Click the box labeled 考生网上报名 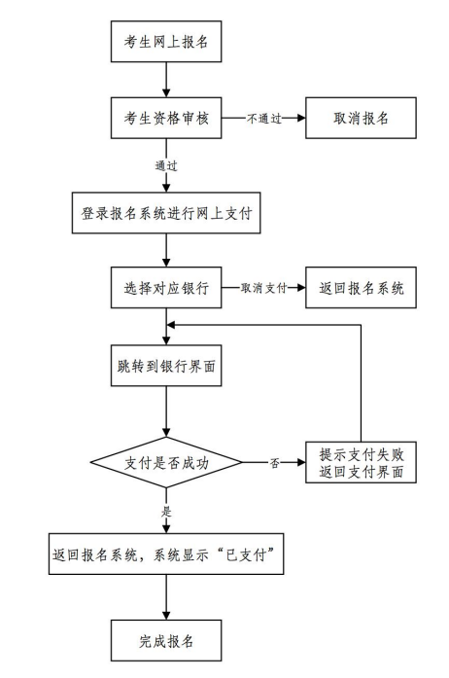[x=166, y=42]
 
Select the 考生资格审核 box [x=166, y=118]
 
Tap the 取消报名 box [x=361, y=118]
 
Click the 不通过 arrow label [x=264, y=118]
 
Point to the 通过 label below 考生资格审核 [x=166, y=165]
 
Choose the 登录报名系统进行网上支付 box [x=166, y=213]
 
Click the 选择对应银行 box [x=166, y=288]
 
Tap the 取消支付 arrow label [x=264, y=288]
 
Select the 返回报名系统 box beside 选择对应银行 [x=361, y=288]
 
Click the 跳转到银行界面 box [x=166, y=366]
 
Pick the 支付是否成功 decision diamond [x=166, y=463]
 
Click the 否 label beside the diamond [x=275, y=463]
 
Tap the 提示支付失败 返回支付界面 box [x=361, y=462]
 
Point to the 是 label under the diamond [x=166, y=512]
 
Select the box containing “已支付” [x=166, y=553]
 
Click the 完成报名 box [x=166, y=640]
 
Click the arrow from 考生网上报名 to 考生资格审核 [x=166, y=80]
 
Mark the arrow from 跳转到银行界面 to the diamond [x=166, y=411]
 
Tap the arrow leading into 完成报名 [x=166, y=597]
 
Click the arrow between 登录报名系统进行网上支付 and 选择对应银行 [x=166, y=250]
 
